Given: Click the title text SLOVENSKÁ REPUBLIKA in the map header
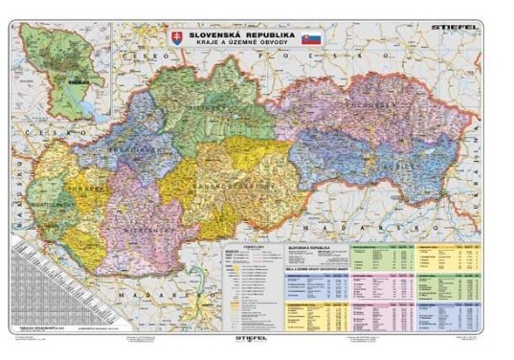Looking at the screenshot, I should click(x=242, y=33).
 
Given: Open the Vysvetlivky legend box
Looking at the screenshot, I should click(x=243, y=279).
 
